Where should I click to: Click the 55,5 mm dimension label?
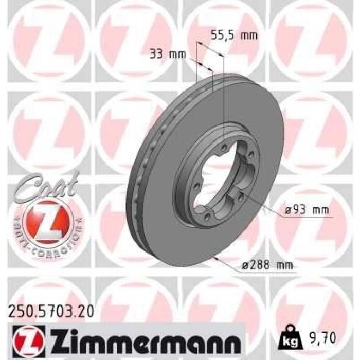coord(234,35)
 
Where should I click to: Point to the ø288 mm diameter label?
coord(267,265)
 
